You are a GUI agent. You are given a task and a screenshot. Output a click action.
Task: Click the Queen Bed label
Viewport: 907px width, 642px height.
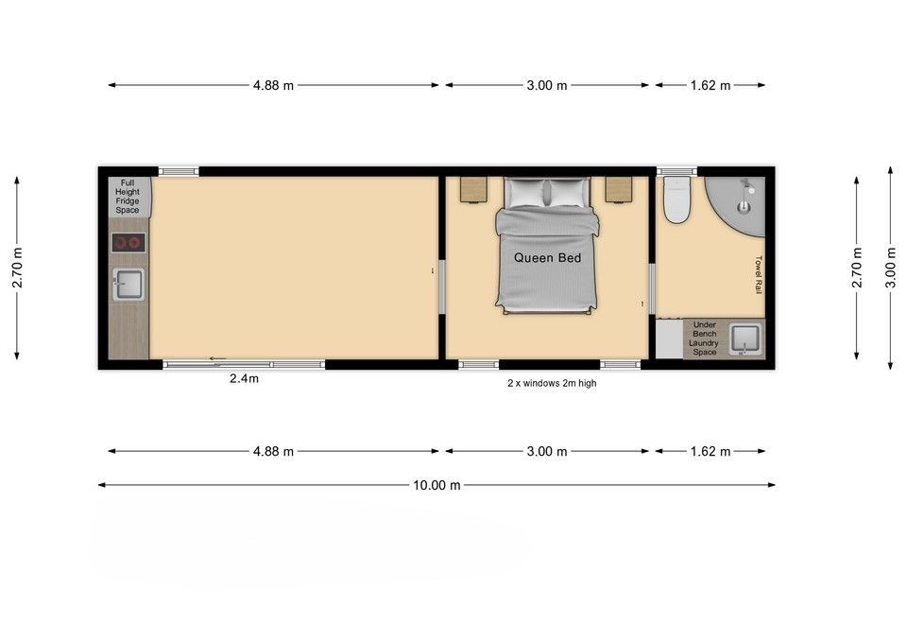547,257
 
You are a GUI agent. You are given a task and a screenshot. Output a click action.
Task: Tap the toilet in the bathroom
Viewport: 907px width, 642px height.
676,200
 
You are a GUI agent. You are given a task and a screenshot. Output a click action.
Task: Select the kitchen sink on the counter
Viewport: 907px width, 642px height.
128,285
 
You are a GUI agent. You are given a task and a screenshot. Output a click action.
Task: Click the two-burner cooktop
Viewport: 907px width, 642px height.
128,243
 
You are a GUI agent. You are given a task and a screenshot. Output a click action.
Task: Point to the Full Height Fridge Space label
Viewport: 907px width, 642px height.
128,197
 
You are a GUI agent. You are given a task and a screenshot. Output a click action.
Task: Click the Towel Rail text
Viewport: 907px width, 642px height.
759,275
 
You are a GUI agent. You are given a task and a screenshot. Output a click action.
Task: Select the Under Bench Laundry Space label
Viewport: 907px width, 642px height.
704,338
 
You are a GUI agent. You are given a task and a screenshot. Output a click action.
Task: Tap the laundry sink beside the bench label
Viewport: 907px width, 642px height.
745,339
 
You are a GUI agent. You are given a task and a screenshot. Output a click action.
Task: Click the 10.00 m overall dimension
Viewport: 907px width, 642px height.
436,485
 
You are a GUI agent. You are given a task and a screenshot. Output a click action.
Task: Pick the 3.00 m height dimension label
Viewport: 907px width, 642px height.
890,268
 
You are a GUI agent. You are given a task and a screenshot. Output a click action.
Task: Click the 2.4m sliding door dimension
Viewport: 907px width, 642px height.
244,378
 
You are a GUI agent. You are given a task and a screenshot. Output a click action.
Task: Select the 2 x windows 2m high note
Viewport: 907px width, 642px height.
552,383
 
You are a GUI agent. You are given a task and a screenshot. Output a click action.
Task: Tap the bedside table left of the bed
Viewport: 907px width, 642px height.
473,190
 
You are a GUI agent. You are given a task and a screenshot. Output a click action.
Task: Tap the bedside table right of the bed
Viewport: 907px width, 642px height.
618,190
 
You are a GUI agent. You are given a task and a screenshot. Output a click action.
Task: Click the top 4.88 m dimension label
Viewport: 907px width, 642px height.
273,86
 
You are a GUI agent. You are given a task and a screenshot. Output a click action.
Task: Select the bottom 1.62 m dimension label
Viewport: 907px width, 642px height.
710,452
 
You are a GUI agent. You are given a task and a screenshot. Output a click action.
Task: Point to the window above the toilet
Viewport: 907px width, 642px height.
676,171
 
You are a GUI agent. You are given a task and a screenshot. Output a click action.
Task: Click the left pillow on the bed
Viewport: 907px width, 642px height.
525,192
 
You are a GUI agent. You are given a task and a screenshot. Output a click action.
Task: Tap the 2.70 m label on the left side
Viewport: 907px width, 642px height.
17,268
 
